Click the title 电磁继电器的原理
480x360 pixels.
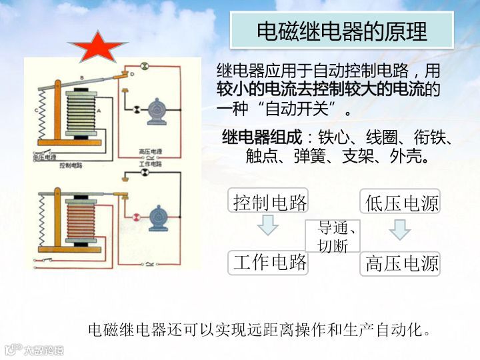(342, 30)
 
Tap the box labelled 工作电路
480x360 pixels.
(269, 262)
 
